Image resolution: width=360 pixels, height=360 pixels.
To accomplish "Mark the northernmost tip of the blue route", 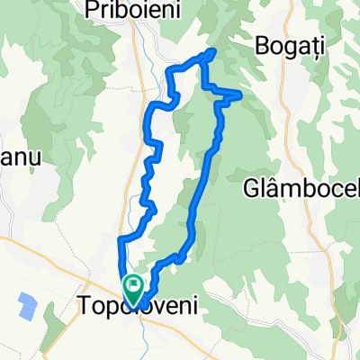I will click(213, 50).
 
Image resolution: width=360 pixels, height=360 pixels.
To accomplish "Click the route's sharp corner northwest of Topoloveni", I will click(120, 238).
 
